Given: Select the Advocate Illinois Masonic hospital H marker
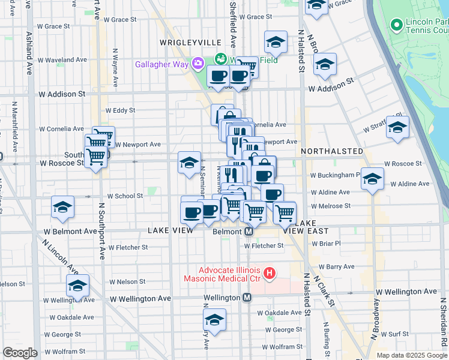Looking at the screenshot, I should click(270, 274).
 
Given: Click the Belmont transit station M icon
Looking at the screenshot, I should click(247, 232).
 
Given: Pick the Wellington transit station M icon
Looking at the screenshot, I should click(247, 298).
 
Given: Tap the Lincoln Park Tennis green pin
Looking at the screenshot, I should click(396, 25).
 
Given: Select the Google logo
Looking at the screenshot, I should click(20, 353).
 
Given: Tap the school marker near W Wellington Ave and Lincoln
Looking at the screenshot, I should click(78, 286).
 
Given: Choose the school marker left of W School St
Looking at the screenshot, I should click(63, 207).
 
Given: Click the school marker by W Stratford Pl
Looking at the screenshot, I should click(397, 127).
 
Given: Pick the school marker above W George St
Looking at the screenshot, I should click(214, 320).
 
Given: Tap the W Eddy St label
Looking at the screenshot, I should click(120, 110).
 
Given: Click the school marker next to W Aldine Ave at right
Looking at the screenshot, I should click(372, 179).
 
